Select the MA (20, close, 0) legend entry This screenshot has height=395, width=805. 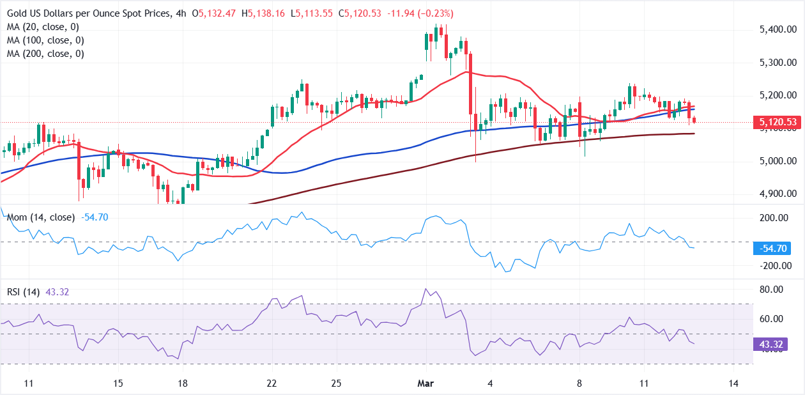[x=44, y=27]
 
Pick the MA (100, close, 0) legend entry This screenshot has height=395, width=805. [x=47, y=40]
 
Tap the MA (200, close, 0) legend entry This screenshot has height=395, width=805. [x=47, y=54]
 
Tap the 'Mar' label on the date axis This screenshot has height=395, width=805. [x=425, y=383]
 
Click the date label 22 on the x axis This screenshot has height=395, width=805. [x=272, y=383]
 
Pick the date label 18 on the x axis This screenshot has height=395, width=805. [x=182, y=383]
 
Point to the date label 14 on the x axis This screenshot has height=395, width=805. [x=733, y=383]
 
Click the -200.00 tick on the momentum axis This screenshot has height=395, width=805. [x=774, y=266]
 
